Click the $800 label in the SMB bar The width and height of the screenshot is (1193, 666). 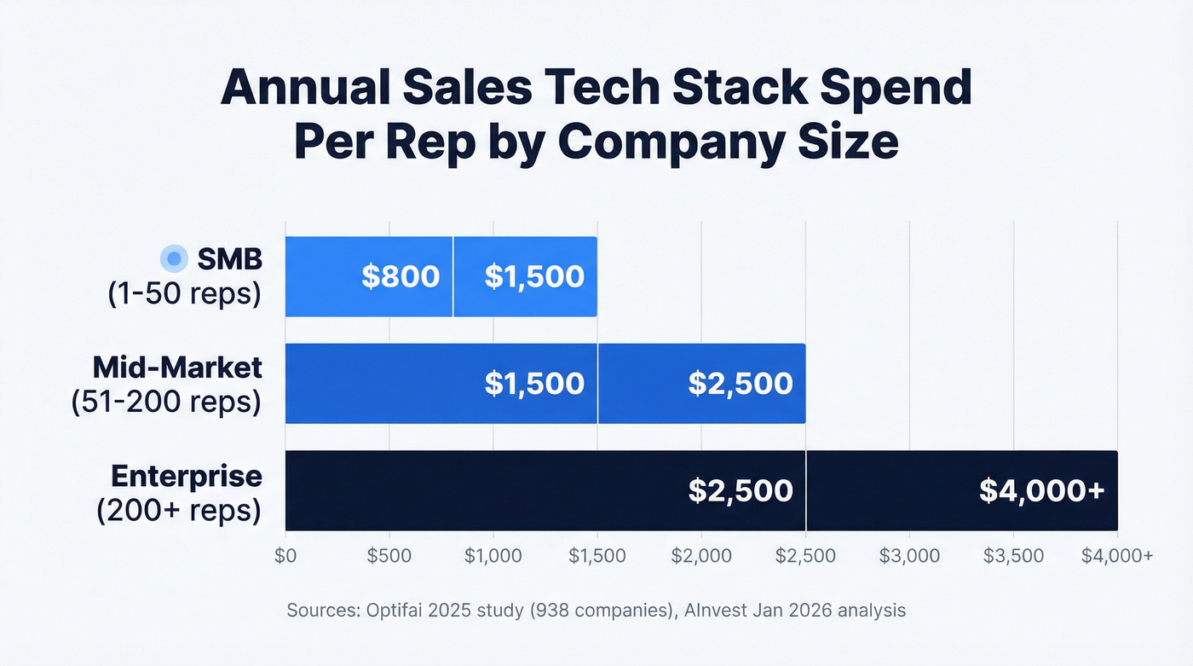point(401,276)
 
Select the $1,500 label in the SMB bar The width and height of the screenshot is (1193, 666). point(534,276)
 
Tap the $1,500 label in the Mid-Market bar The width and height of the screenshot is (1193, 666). point(534,383)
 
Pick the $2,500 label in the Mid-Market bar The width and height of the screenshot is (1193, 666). point(741,383)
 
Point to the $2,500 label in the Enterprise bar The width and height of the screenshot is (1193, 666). point(741,490)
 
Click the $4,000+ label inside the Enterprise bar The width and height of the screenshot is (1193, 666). point(1041,490)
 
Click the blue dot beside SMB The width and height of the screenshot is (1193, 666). point(174,258)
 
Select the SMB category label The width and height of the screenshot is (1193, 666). point(229,258)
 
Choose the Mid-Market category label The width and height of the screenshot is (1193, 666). point(177,367)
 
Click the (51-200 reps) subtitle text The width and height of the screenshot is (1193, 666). point(166,400)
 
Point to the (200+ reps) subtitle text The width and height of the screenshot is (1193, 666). point(179,509)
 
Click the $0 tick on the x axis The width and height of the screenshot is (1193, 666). point(285,556)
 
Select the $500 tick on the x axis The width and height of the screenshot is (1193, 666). point(389,556)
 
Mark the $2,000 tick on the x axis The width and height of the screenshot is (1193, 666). point(701,556)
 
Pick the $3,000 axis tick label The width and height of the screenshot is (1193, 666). point(909,556)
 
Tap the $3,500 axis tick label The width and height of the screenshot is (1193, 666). point(1013,556)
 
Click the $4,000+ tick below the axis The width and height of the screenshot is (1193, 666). point(1117,556)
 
